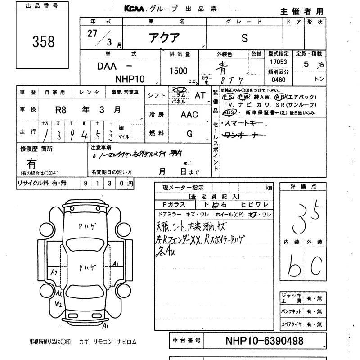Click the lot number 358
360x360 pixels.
pyautogui.click(x=43, y=41)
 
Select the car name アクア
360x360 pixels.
pyautogui.click(x=164, y=38)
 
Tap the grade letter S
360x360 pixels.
pyautogui.click(x=244, y=38)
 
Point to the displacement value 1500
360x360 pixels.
pyautogui.click(x=179, y=71)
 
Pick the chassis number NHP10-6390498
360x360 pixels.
pyautogui.click(x=264, y=341)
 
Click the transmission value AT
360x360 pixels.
pyautogui.click(x=200, y=95)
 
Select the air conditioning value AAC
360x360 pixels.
pyautogui.click(x=189, y=114)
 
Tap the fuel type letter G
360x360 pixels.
pyautogui.click(x=189, y=134)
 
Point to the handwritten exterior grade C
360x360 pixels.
pyautogui.click(x=315, y=267)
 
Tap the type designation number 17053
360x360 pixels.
pyautogui.click(x=278, y=62)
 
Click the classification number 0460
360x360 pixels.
pyautogui.click(x=278, y=80)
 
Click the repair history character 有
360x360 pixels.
pyautogui.click(x=31, y=163)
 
